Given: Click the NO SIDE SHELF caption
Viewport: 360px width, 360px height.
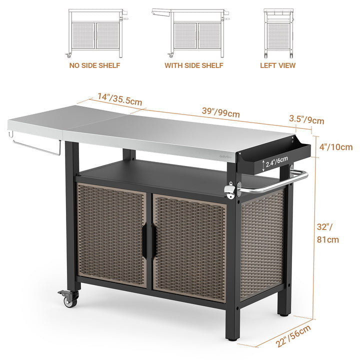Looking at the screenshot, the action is [94, 65].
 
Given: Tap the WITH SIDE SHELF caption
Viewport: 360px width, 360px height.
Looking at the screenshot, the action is [194, 65].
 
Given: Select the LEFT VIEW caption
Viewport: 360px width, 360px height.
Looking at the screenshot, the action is [277, 65].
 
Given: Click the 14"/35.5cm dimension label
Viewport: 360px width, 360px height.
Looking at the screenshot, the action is [120, 99].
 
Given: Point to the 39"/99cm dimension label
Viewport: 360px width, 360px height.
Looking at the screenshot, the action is [221, 112].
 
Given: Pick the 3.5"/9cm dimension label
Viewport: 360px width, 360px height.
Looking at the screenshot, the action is [306, 119].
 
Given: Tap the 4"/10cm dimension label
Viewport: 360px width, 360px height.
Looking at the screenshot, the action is [336, 147].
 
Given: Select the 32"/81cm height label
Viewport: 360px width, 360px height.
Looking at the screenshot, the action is [328, 233].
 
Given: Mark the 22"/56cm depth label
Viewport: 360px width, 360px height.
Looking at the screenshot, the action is [293, 336].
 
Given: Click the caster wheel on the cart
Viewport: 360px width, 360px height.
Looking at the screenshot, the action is [69, 298].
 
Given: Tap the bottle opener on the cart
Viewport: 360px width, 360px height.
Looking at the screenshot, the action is [230, 189].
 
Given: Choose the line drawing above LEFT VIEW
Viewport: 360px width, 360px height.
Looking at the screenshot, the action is [278, 33].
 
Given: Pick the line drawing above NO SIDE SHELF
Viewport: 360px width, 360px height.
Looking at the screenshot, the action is [96, 33].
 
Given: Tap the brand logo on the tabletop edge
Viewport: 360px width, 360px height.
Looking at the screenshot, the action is [226, 156].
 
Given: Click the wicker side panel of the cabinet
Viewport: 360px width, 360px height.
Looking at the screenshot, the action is [262, 245].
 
